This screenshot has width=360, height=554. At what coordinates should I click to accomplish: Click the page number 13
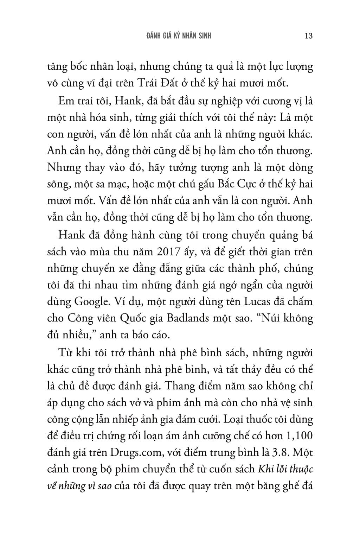click(309, 36)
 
